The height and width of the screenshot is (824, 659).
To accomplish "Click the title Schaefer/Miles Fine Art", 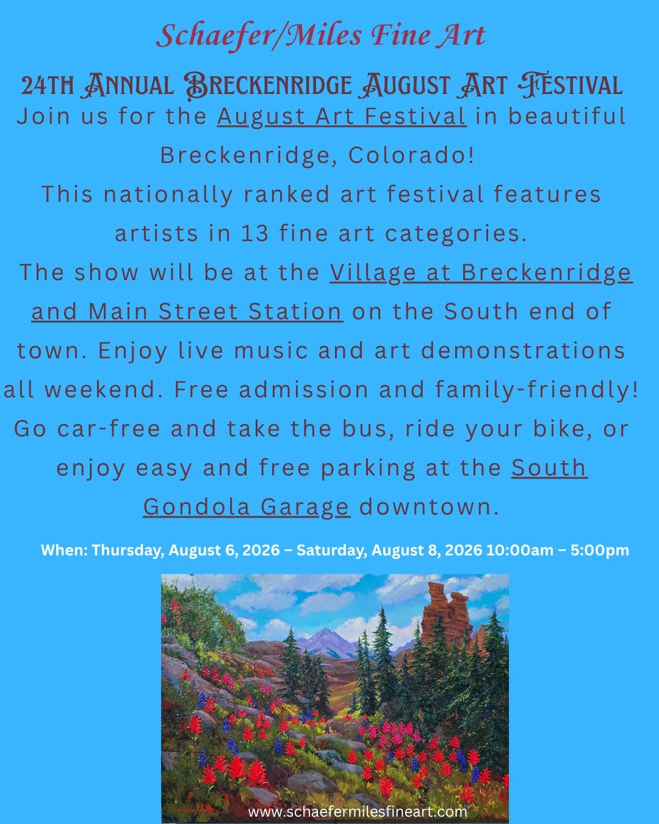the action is click(x=321, y=36).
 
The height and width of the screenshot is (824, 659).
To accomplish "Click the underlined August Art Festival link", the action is click(x=342, y=117).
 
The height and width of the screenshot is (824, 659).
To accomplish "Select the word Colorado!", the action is click(x=411, y=155).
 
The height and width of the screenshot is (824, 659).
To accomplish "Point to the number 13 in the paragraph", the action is click(x=254, y=233).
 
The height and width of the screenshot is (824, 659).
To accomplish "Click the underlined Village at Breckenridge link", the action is click(x=481, y=273).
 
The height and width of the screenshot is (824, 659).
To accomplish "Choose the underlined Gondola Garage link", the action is click(x=247, y=507).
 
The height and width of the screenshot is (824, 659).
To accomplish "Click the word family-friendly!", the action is click(x=536, y=390).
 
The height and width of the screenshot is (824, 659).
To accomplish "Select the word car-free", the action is click(x=109, y=428).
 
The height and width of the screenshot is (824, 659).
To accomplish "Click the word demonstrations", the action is click(x=523, y=350).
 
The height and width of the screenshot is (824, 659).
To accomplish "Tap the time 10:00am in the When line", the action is click(x=520, y=550).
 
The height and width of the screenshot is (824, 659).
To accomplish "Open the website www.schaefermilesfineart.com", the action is click(x=358, y=811).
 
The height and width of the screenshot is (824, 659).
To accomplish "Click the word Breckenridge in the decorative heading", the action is click(x=268, y=85).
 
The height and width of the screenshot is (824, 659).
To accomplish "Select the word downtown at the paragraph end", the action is click(x=429, y=507).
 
